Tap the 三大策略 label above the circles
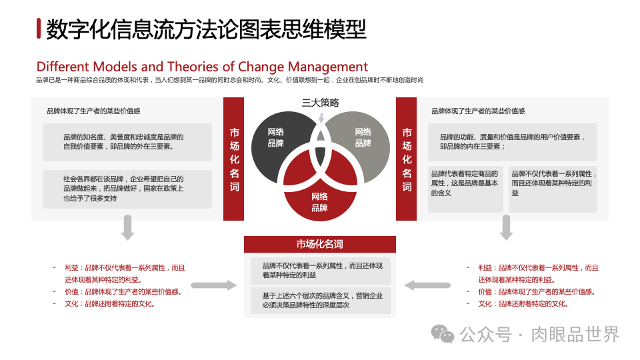click(x=320, y=103)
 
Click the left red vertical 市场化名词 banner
click(x=234, y=159)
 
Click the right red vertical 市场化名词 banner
click(x=407, y=159)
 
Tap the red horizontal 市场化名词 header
click(x=320, y=245)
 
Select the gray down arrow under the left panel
click(x=128, y=229)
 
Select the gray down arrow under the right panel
click(x=506, y=229)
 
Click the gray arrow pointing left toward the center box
click(x=418, y=285)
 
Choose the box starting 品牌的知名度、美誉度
click(x=127, y=142)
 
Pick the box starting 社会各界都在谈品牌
click(x=127, y=189)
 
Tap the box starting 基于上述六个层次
click(x=320, y=301)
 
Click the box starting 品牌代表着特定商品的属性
click(x=465, y=189)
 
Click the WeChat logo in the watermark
click(x=442, y=334)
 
